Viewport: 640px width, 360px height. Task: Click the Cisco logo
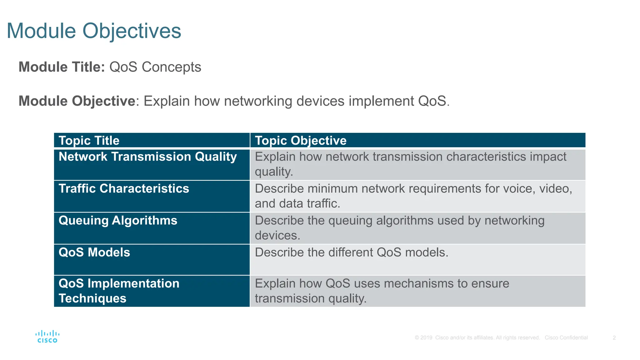click(47, 337)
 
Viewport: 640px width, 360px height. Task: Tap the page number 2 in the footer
click(614, 337)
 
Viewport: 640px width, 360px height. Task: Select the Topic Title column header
click(89, 141)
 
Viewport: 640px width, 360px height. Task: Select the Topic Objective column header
click(301, 141)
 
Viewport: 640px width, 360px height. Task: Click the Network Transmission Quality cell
click(148, 157)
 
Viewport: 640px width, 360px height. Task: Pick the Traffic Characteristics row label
click(124, 188)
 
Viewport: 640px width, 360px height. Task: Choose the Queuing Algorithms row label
click(118, 220)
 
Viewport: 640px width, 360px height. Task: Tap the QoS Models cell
click(94, 252)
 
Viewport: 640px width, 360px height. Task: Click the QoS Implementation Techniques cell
click(119, 291)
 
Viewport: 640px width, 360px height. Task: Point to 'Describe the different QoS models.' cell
click(352, 252)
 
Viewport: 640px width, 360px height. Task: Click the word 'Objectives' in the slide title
click(132, 31)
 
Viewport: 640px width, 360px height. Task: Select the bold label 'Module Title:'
click(62, 67)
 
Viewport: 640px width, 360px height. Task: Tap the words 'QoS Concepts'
click(155, 67)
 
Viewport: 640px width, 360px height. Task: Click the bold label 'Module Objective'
click(77, 101)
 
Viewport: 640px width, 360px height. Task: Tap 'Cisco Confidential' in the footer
click(566, 337)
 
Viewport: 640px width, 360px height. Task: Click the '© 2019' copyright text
click(423, 337)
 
